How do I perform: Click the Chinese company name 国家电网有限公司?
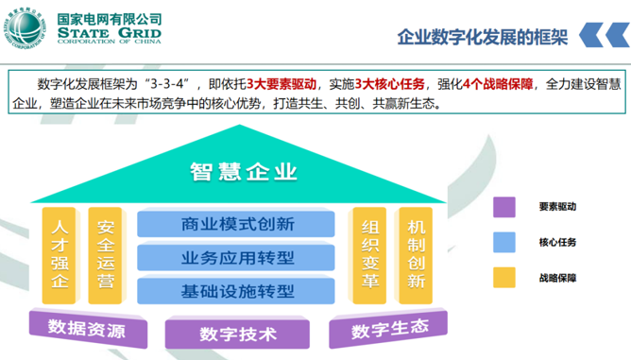(111, 19)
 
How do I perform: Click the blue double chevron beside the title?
(597, 37)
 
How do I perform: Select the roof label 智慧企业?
(243, 171)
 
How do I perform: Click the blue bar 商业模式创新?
(237, 225)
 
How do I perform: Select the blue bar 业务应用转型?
(237, 257)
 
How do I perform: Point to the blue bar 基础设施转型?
(237, 289)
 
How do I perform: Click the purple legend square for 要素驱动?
(504, 207)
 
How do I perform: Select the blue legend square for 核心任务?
(504, 242)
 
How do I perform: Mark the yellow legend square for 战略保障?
(504, 277)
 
